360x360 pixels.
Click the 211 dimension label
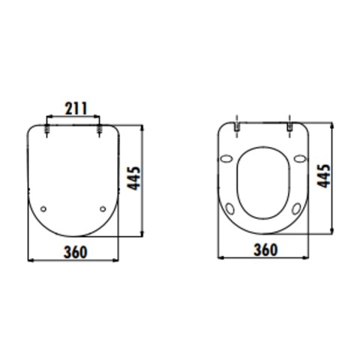(x=76, y=108)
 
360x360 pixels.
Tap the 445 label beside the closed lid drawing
(x=134, y=178)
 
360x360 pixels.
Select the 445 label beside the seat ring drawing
(x=323, y=175)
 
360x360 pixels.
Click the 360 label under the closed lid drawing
(x=76, y=252)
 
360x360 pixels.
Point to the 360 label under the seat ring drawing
(x=265, y=250)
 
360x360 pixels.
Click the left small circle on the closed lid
(x=43, y=208)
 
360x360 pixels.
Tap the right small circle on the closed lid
(x=103, y=208)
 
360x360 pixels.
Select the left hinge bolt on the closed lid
(x=46, y=130)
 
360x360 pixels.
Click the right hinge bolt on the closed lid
(x=99, y=130)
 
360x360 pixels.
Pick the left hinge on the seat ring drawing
(x=236, y=126)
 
